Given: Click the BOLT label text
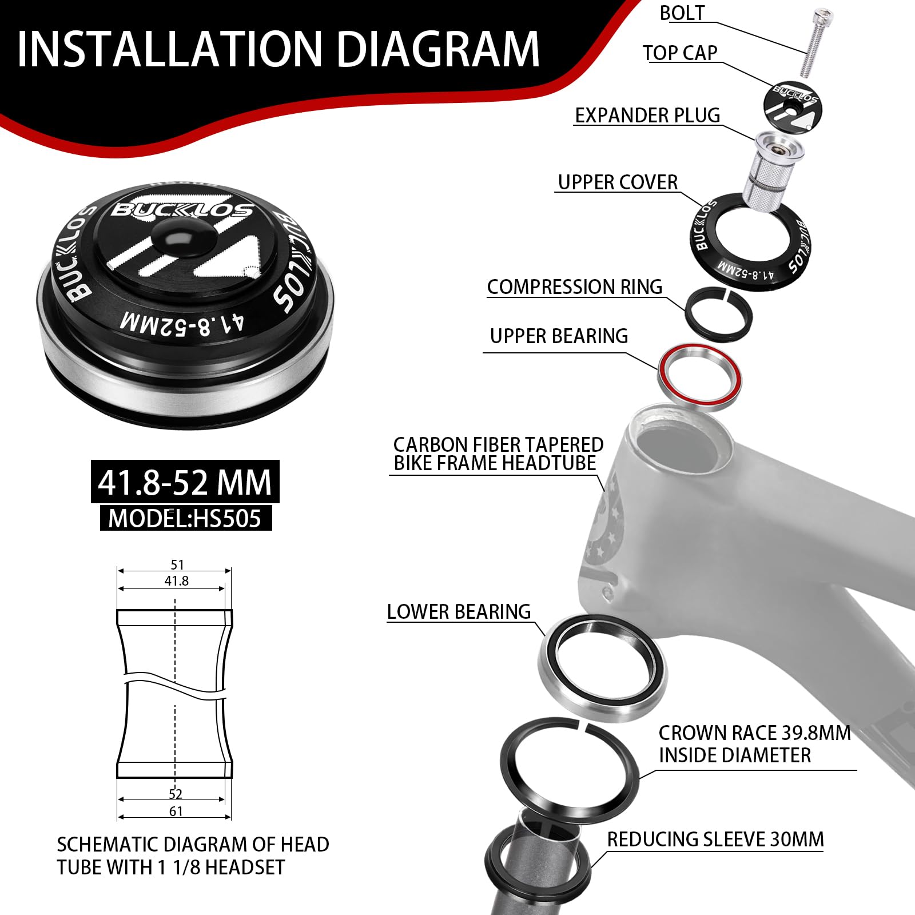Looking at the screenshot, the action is coord(682,13).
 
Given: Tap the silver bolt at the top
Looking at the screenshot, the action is coord(813,42).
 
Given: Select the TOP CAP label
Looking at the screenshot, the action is coord(680,53).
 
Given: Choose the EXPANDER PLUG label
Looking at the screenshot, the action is coord(647,116).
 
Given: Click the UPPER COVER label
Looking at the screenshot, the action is coord(618,182).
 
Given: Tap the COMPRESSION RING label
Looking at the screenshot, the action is coord(575,287).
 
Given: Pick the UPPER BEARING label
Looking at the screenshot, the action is coord(559,336).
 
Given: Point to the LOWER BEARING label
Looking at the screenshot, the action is coord(459,612).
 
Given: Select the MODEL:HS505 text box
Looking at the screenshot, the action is coord(186,518).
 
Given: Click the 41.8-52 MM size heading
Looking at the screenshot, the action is coord(185,482).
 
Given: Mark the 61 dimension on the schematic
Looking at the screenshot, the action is coord(176,811).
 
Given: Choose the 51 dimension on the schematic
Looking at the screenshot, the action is coord(177,564).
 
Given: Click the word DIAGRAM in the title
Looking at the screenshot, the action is coord(437,49).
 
